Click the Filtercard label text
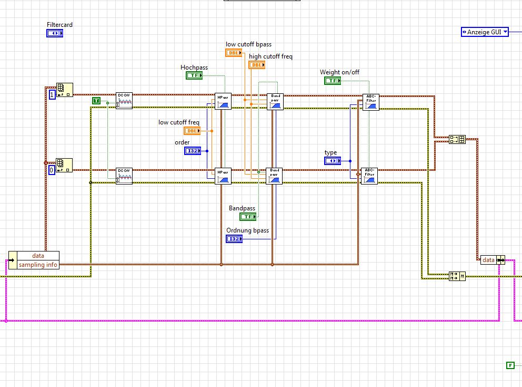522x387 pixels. tap(59, 25)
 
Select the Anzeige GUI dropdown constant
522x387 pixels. tap(485, 32)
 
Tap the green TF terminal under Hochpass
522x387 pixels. tap(194, 75)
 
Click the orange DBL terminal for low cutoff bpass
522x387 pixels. tap(234, 53)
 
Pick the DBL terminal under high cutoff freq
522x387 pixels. tap(256, 65)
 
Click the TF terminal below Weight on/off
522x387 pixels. tap(332, 81)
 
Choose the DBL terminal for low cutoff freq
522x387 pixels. tap(192, 131)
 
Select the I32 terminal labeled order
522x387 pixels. tap(193, 151)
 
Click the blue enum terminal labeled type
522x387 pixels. tap(332, 160)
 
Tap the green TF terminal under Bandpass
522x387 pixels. tap(247, 217)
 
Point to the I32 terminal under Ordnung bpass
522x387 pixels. tap(234, 239)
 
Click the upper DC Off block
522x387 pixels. tap(124, 101)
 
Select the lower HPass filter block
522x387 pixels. tap(223, 176)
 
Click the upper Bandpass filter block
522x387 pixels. tap(275, 101)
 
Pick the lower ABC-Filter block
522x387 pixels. tap(369, 176)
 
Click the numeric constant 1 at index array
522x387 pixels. tap(52, 95)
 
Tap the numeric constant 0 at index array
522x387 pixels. tap(51, 170)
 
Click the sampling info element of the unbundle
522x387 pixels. tap(38, 265)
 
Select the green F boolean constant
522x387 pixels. tap(509, 365)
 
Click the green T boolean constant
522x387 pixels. tap(96, 101)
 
